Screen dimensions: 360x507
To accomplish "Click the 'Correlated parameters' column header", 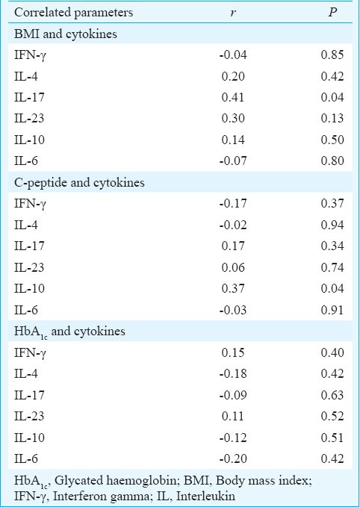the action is coord(73,12).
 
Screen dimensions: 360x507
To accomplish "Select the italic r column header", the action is coord(233,13).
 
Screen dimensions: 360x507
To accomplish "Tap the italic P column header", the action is coord(332,12).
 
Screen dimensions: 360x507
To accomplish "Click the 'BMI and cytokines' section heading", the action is coord(66,34).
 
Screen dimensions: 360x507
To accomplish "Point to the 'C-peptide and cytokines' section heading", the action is coord(79,183).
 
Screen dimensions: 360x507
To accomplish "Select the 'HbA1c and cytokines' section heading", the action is coord(69,332).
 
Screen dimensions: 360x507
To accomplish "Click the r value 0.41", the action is coord(233,97).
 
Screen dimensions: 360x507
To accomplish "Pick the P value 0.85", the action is coord(332,55).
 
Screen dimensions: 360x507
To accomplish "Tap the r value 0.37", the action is coord(233,288).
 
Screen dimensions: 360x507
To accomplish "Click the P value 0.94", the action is coord(332,225).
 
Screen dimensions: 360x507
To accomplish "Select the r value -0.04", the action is coord(233,55).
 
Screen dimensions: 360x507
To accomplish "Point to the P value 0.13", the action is coord(332,118).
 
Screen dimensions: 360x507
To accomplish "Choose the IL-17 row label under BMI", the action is coord(29,97).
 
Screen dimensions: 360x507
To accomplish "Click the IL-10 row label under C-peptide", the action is coord(29,288).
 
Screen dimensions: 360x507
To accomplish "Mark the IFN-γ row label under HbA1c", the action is coord(31,352).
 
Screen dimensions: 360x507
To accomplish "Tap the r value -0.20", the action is coord(233,458).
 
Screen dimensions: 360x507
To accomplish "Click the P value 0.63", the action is coord(332,395).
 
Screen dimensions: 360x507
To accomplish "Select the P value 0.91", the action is coord(332,310).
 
